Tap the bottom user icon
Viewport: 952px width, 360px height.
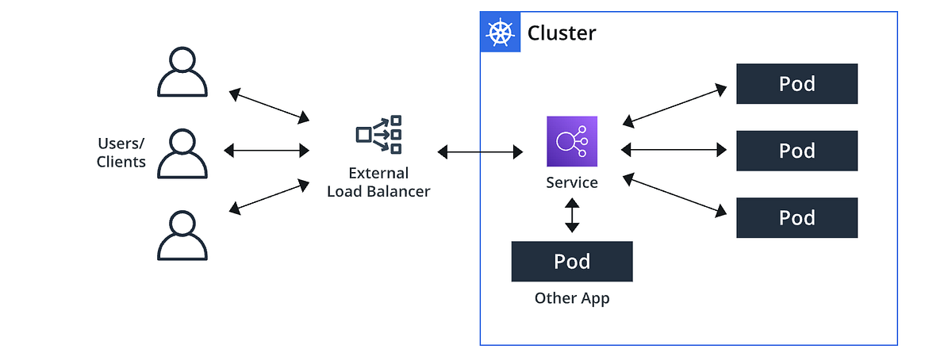pyautogui.click(x=182, y=236)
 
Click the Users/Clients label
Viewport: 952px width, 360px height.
pyautogui.click(x=121, y=152)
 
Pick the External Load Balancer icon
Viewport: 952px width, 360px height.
pyautogui.click(x=378, y=134)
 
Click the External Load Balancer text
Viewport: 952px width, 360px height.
pyautogui.click(x=378, y=182)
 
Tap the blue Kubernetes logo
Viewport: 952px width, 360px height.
pyautogui.click(x=501, y=33)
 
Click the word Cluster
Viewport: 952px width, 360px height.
pyautogui.click(x=562, y=33)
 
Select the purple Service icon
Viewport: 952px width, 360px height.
pyautogui.click(x=572, y=142)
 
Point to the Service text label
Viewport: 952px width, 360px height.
pyautogui.click(x=572, y=182)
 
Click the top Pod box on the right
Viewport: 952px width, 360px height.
pyautogui.click(x=797, y=84)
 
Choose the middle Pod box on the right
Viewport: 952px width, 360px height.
pyautogui.click(x=797, y=151)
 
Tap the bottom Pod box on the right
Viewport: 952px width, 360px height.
pyautogui.click(x=797, y=218)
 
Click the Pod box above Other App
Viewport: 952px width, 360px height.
pyautogui.click(x=572, y=262)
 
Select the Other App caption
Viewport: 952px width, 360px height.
pyautogui.click(x=572, y=298)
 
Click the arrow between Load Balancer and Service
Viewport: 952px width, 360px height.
pyautogui.click(x=480, y=151)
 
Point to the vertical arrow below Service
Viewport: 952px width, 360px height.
pyautogui.click(x=572, y=216)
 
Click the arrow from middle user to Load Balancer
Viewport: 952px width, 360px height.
pyautogui.click(x=267, y=149)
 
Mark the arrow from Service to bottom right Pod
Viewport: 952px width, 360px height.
pyautogui.click(x=674, y=195)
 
